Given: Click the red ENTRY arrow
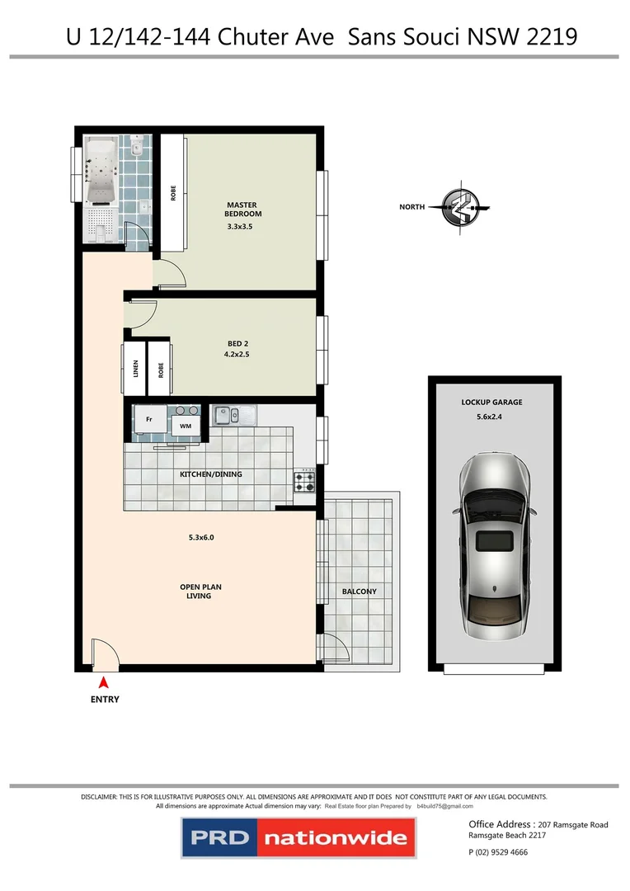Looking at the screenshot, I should point(104,682).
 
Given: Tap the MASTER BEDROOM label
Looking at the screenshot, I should point(243,210).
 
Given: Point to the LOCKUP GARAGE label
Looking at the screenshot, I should point(492,403).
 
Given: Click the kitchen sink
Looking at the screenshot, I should point(233,415).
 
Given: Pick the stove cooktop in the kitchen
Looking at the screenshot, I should point(304,481).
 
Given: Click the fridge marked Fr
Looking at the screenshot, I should point(149,419).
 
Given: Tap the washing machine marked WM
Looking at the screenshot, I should point(186,426).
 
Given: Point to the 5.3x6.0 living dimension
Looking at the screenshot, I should point(201,538).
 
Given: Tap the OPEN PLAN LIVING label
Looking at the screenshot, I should point(201,592).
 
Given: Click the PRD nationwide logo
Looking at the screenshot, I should point(298,839).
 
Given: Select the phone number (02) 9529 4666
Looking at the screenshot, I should point(497,852).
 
